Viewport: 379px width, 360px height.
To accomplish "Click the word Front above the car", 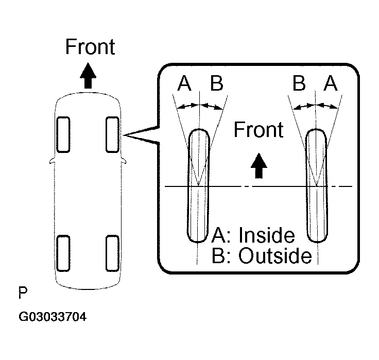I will click(90, 47).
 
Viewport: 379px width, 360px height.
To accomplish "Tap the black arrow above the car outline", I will click(89, 76).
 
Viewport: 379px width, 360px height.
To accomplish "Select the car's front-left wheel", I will click(63, 134).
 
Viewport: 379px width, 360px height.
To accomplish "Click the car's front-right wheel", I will click(113, 134).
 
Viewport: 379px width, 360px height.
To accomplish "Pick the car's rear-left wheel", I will click(63, 252).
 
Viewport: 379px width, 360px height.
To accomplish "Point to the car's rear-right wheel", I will click(113, 252).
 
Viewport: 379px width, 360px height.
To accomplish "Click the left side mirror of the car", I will click(51, 161).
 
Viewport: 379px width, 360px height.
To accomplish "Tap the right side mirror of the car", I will click(124, 161).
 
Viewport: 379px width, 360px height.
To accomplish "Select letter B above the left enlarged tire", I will click(217, 83).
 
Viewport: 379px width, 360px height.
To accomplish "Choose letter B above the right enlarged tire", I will click(299, 83).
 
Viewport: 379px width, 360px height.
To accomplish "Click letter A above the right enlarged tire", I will click(331, 83).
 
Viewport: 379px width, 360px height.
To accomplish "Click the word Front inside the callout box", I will click(259, 130).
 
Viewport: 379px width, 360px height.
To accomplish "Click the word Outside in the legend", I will click(275, 256).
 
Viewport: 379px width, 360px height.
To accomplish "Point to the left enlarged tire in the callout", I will click(198, 185).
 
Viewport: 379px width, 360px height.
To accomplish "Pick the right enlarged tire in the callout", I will click(316, 185).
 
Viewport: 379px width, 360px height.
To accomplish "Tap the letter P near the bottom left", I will click(23, 294).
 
